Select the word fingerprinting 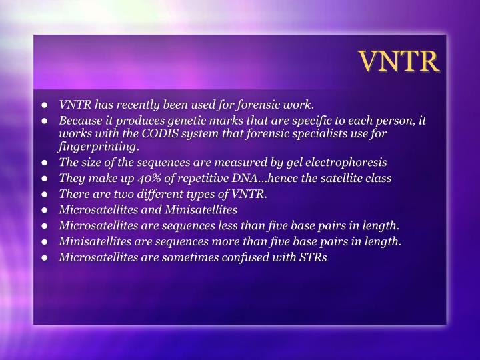point(98,146)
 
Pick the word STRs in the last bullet point(313,257)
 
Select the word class point(378,178)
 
